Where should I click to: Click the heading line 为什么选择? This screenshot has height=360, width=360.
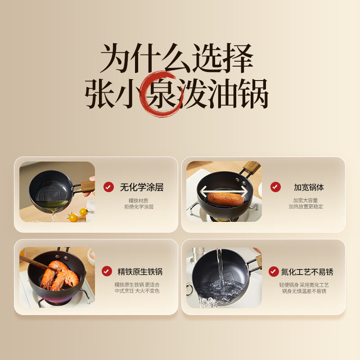coord(177,58)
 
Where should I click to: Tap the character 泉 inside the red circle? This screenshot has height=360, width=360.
coord(162,94)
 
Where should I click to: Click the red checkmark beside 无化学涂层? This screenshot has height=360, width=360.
coord(108,187)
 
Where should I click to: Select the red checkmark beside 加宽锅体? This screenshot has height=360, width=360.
coord(275,187)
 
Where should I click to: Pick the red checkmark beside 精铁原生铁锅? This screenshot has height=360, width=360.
coord(107,271)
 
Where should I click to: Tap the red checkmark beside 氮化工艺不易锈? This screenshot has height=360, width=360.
coord(274,272)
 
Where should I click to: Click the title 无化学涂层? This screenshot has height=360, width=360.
coord(142,187)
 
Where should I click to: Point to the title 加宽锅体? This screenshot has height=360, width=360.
coord(309,187)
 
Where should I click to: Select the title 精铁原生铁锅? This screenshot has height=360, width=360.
coord(140,272)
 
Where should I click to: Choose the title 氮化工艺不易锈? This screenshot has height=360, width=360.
coord(307,272)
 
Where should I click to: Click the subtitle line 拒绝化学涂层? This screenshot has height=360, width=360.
coord(139,207)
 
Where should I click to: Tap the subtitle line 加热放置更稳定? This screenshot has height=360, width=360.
coord(306,207)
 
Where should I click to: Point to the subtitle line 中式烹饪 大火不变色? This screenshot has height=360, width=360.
coord(137,291)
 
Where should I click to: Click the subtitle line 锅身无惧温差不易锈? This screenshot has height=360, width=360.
coord(304,291)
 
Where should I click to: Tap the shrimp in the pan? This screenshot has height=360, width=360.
coord(59,275)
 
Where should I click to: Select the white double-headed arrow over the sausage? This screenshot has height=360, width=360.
coord(224,191)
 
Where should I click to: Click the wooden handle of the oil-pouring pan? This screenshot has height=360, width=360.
coord(87,186)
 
